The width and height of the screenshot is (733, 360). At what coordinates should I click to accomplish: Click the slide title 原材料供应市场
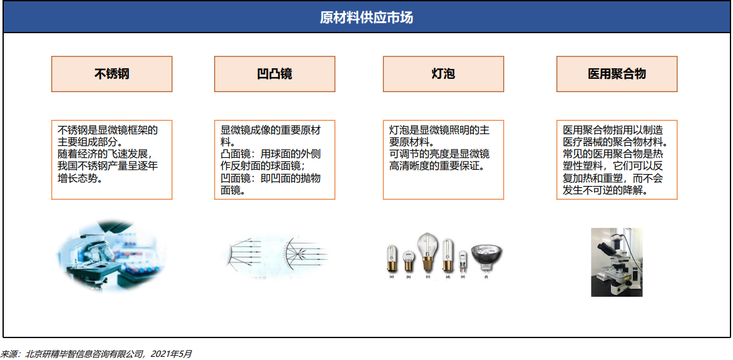(x=366, y=17)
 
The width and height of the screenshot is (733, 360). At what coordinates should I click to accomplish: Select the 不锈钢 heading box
(x=111, y=74)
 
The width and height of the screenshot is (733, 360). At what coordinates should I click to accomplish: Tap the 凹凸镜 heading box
(x=274, y=74)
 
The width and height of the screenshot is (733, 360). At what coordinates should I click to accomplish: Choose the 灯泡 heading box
(x=443, y=74)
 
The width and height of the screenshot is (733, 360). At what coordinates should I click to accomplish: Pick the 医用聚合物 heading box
(x=617, y=74)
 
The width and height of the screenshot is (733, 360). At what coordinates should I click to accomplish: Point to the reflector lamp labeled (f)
(x=486, y=255)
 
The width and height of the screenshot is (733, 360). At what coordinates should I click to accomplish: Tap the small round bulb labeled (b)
(x=408, y=259)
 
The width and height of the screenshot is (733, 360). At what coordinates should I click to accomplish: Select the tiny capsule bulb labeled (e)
(x=463, y=259)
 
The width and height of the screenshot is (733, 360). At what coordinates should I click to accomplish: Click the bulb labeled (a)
(x=392, y=257)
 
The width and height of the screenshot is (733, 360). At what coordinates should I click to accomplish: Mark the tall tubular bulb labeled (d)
(x=448, y=255)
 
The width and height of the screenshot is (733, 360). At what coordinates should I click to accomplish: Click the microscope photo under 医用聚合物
(x=617, y=262)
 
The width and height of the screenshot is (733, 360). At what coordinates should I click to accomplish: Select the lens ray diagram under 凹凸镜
(x=274, y=255)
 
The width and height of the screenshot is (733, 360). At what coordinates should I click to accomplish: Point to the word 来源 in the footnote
(x=10, y=354)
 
